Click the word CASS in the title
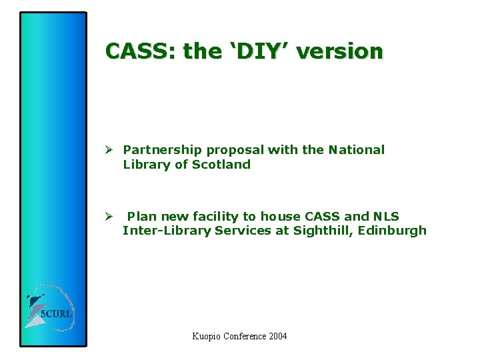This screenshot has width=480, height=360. coord(137,51)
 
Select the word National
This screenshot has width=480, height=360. coord(356,150)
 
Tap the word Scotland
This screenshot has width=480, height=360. coord(221,165)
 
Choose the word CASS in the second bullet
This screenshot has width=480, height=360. coord(321,216)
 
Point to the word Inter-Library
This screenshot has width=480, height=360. coord(165,231)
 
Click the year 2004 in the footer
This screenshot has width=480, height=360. coord(277,336)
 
